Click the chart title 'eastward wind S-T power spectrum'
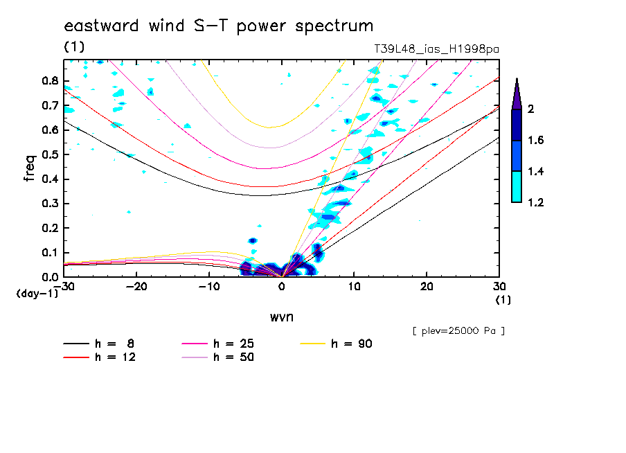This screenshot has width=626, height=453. point(219,26)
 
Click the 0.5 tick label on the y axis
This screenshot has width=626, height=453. point(48,154)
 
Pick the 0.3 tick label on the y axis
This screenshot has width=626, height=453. point(48,204)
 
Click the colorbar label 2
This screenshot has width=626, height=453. point(530,109)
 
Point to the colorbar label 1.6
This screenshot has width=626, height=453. point(535,141)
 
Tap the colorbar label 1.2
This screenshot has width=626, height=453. point(535,203)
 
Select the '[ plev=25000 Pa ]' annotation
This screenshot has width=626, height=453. point(458,330)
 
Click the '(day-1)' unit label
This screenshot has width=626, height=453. point(37,294)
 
